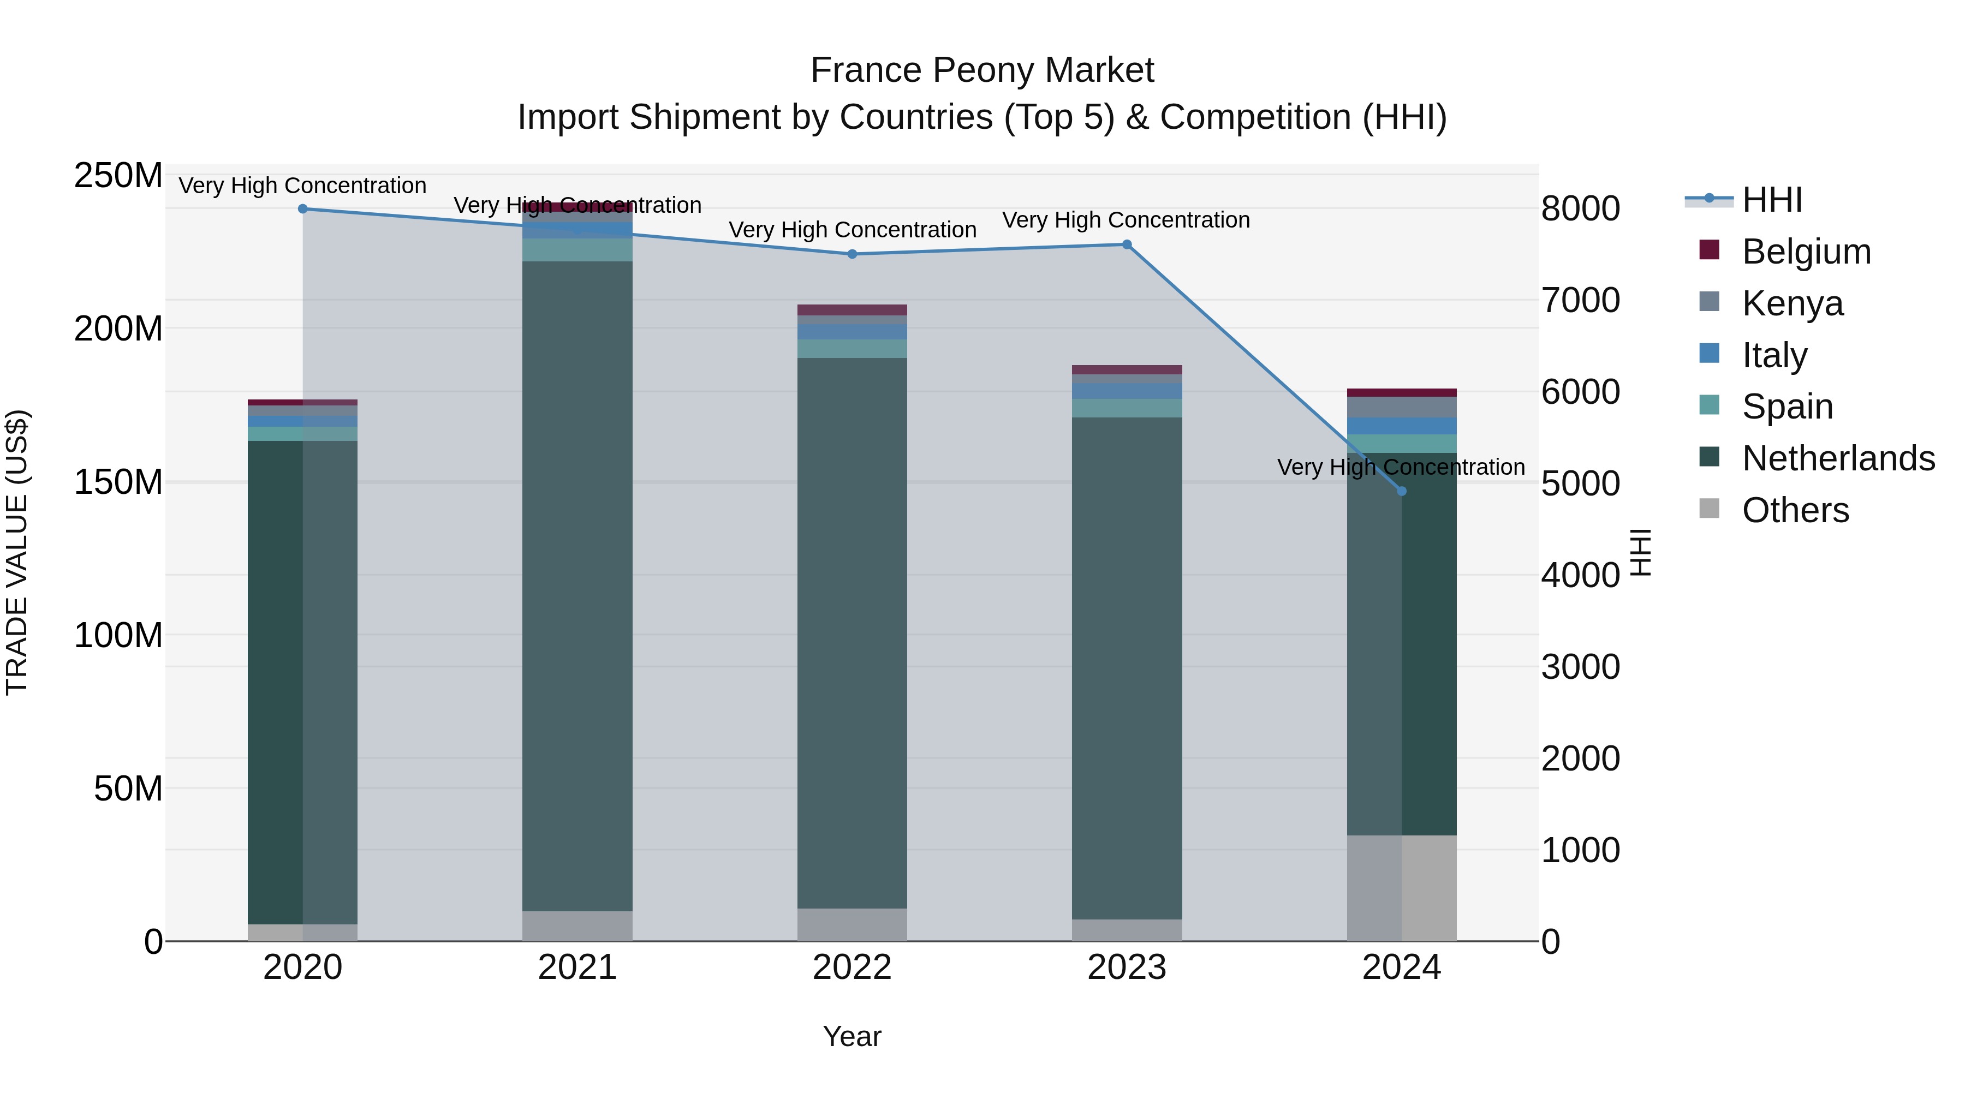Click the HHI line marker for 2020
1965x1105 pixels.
tap(303, 209)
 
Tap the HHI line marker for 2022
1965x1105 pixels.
tap(852, 254)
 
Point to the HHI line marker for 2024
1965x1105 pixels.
tap(1401, 491)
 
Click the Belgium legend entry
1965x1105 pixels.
tap(1806, 252)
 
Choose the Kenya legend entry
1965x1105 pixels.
tap(1792, 303)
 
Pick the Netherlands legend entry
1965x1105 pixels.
tap(1838, 458)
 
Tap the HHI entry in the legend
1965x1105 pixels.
tap(1771, 200)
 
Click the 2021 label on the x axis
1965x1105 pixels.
tap(577, 967)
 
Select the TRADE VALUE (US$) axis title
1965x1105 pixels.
tap(17, 552)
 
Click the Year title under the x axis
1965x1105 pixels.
tap(852, 1036)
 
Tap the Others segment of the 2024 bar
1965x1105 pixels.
tap(1401, 888)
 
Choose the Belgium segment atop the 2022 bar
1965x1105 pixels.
tap(852, 309)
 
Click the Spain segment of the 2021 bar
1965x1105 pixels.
tap(577, 250)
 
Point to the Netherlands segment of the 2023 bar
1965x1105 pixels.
tap(1127, 667)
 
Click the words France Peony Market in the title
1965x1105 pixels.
tap(982, 70)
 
